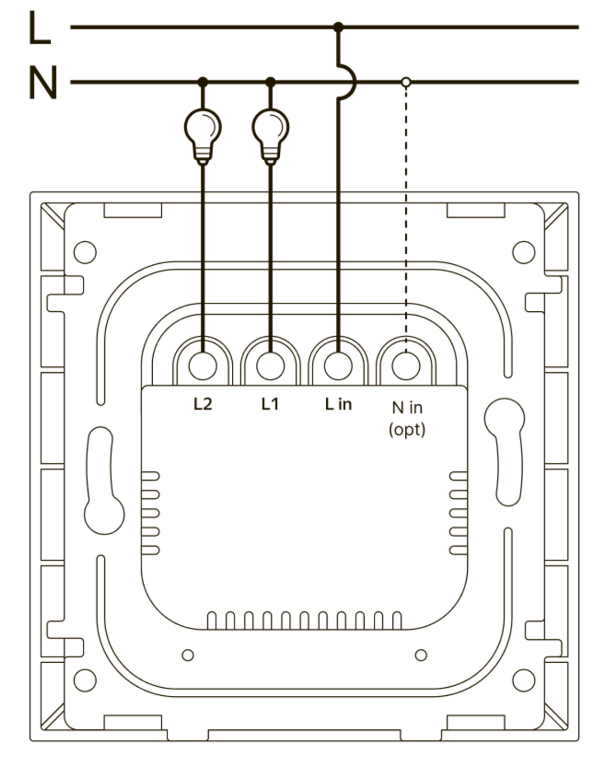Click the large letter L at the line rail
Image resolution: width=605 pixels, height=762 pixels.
(x=39, y=28)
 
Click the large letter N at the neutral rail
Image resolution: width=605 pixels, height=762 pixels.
(x=42, y=83)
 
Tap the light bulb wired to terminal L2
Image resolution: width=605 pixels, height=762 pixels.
(x=202, y=131)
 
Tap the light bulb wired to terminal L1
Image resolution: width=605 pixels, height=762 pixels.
(x=270, y=131)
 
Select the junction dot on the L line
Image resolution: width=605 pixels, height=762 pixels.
(x=338, y=27)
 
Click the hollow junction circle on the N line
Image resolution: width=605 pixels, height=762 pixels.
(x=406, y=82)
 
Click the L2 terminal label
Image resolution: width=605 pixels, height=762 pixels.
(x=202, y=404)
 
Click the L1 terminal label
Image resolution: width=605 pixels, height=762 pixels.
(x=270, y=404)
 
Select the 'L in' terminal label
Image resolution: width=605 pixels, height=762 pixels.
(x=338, y=404)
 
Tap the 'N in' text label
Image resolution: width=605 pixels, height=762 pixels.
(x=406, y=407)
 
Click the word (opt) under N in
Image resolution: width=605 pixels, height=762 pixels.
(x=406, y=429)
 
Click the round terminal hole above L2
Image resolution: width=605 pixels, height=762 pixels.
(x=202, y=366)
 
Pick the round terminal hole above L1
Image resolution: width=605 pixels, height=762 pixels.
(x=270, y=366)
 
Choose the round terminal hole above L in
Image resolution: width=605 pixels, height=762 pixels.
(x=338, y=366)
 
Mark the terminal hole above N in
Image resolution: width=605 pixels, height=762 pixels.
(x=406, y=366)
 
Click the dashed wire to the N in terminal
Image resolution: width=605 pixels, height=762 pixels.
(x=406, y=214)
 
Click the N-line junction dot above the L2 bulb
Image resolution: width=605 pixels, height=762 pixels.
(x=202, y=82)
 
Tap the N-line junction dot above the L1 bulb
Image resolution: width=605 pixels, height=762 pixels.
(x=270, y=82)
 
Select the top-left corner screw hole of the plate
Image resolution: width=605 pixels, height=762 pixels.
(x=84, y=252)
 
